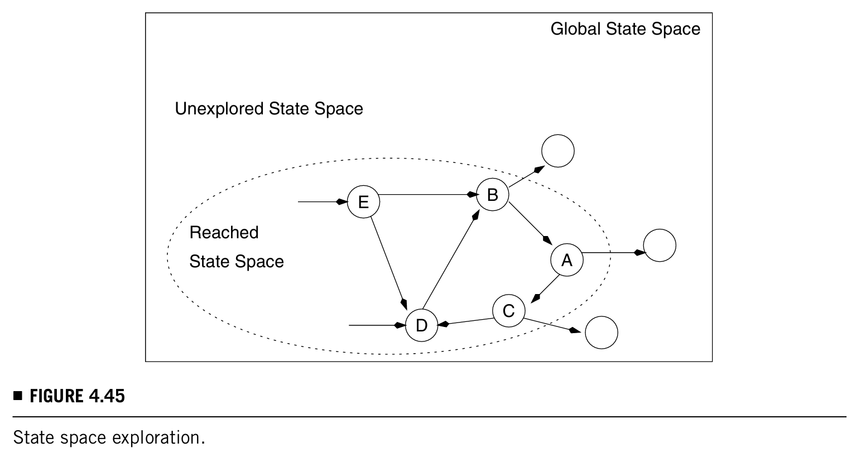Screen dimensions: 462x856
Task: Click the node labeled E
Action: [x=363, y=201]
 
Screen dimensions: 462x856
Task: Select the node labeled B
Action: [x=492, y=195]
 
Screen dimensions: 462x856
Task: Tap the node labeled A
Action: [x=567, y=260]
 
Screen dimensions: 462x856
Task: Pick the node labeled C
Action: [x=508, y=311]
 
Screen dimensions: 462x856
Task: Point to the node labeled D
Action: [x=421, y=325]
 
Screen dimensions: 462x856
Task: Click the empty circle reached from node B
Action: [x=557, y=151]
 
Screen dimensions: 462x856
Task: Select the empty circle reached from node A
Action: [x=660, y=246]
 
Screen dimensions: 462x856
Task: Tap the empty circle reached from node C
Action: [x=602, y=333]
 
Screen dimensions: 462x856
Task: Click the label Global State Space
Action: [x=625, y=29]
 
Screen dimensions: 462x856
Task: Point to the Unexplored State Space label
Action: [x=269, y=108]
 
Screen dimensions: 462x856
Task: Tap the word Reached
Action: [x=224, y=232]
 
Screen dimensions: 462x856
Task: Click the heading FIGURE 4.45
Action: [x=77, y=397]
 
